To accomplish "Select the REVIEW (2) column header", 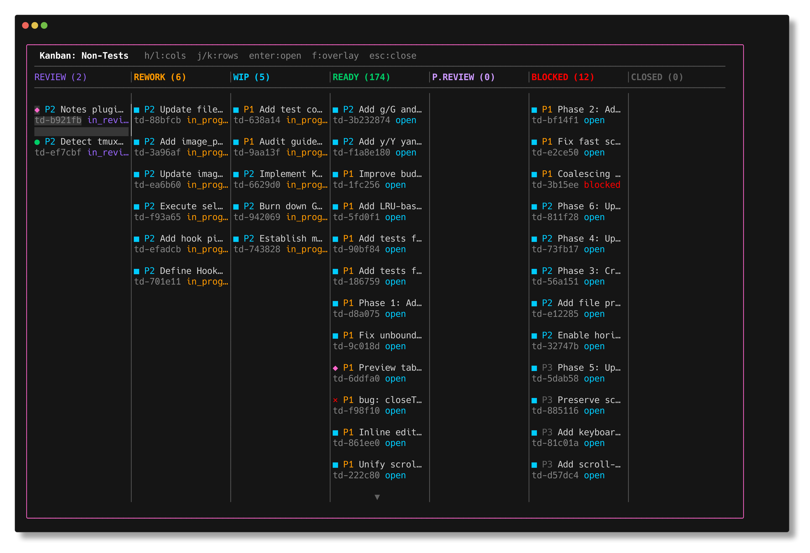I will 60,77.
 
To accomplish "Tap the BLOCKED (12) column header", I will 562,77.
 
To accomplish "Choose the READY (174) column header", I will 361,77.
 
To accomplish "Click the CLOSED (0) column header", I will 657,77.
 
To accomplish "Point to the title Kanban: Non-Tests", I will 84,56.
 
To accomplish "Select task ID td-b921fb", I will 58,120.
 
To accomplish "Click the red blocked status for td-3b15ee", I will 602,185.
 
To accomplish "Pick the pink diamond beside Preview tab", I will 335,368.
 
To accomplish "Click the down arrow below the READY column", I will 377,497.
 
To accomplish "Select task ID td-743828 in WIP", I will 257,249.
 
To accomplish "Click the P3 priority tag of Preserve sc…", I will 547,400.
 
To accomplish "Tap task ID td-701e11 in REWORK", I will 157,282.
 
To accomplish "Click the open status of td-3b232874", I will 406,120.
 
